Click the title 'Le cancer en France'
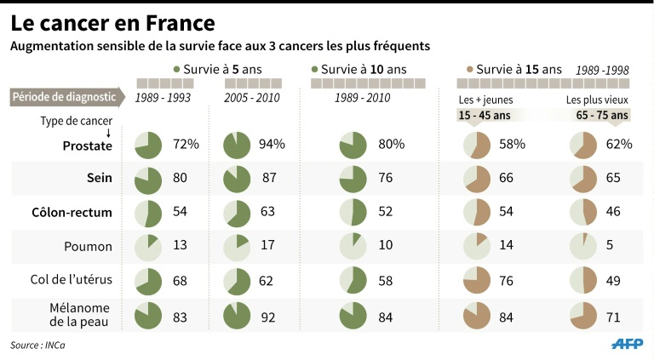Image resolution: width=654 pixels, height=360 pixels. click(112, 20)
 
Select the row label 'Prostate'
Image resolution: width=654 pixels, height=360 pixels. click(88, 146)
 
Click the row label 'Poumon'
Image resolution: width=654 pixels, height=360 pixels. click(89, 247)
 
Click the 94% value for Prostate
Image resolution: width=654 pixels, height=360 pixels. click(272, 145)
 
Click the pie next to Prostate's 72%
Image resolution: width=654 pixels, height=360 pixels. click(148, 146)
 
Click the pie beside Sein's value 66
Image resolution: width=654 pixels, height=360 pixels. click(476, 180)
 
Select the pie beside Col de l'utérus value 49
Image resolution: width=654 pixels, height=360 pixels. click(584, 281)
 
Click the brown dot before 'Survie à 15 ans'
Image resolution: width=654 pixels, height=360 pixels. click(469, 69)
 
